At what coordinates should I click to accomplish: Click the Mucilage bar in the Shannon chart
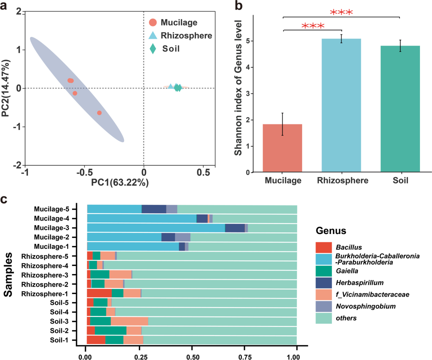282,148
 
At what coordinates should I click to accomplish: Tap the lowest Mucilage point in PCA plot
99,113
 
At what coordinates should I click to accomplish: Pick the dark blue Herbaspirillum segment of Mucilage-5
154,209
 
